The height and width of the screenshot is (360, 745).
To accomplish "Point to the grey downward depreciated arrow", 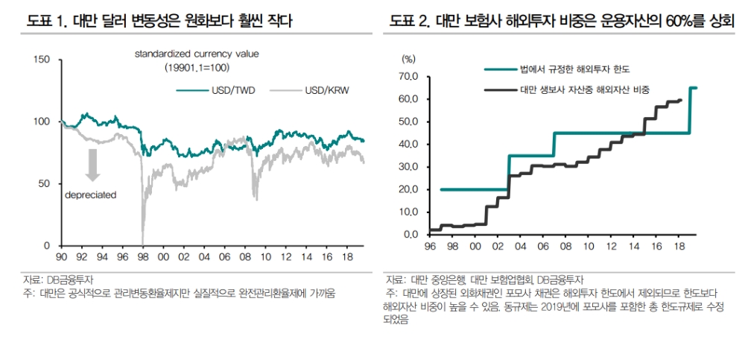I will (x=93, y=165).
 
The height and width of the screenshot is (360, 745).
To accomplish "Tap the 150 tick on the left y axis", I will (x=43, y=60).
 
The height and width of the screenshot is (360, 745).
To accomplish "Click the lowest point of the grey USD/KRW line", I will (x=142, y=242).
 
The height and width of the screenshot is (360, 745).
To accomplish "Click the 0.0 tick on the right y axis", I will (x=413, y=235).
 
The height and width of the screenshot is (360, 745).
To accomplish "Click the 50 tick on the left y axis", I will (x=46, y=183).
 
